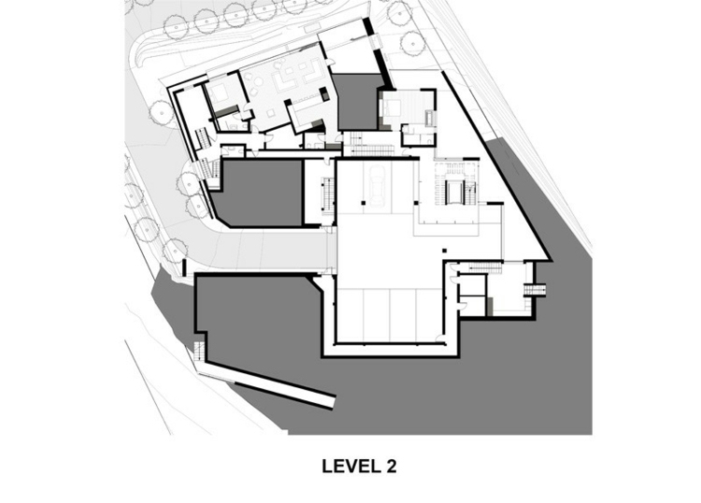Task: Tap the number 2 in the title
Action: (391, 467)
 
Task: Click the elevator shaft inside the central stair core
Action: (454, 193)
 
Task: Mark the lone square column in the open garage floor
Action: (444, 250)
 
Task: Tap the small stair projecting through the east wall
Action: (535, 290)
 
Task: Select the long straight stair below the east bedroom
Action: (372, 150)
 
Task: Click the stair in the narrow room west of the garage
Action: (327, 195)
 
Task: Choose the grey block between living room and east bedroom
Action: (357, 102)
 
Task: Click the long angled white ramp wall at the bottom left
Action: (267, 381)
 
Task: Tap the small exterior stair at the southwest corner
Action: (200, 351)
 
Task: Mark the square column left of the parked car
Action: (364, 203)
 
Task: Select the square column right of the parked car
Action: (417, 203)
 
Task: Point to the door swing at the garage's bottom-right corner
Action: (441, 338)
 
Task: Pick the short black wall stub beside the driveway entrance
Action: (184, 267)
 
